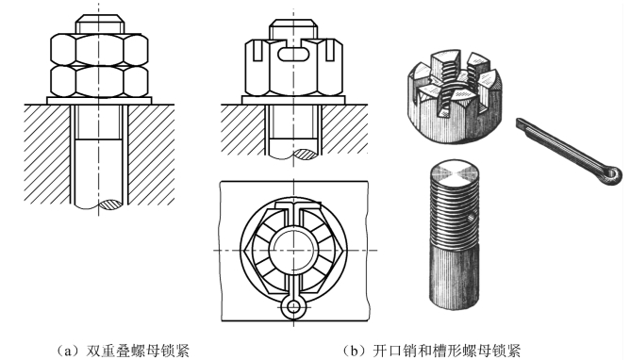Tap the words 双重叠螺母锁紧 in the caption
[x=138, y=351]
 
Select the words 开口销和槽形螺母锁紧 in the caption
[x=446, y=351]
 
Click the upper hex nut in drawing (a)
[x=99, y=50]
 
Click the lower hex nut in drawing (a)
[x=99, y=81]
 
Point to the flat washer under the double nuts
[x=99, y=100]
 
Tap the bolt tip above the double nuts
[x=99, y=25]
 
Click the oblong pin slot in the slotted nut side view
[x=293, y=54]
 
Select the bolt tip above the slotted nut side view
[x=293, y=29]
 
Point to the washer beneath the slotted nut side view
[x=293, y=100]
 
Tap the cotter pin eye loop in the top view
[x=293, y=307]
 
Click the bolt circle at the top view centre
[x=293, y=250]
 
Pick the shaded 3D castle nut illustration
[x=456, y=96]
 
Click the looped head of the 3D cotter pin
[x=611, y=174]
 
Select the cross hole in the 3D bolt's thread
[x=471, y=218]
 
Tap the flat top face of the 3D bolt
[x=455, y=173]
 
